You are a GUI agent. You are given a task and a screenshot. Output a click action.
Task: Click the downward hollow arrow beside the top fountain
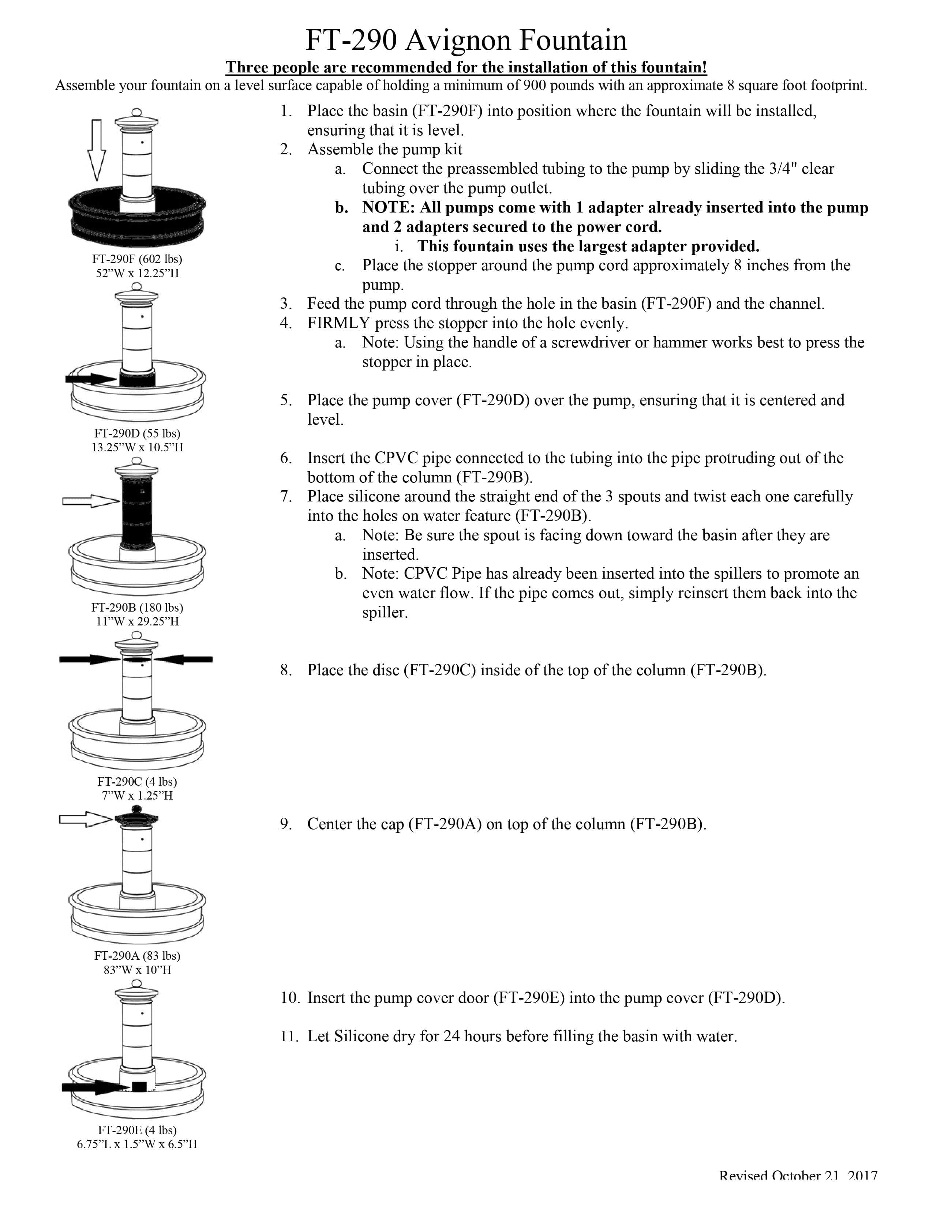[97, 149]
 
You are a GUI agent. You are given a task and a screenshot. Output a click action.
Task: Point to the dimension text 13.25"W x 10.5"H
[137, 447]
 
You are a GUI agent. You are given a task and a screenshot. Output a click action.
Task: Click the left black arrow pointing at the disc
[89, 659]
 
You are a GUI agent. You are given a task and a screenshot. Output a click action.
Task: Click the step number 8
[285, 670]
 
